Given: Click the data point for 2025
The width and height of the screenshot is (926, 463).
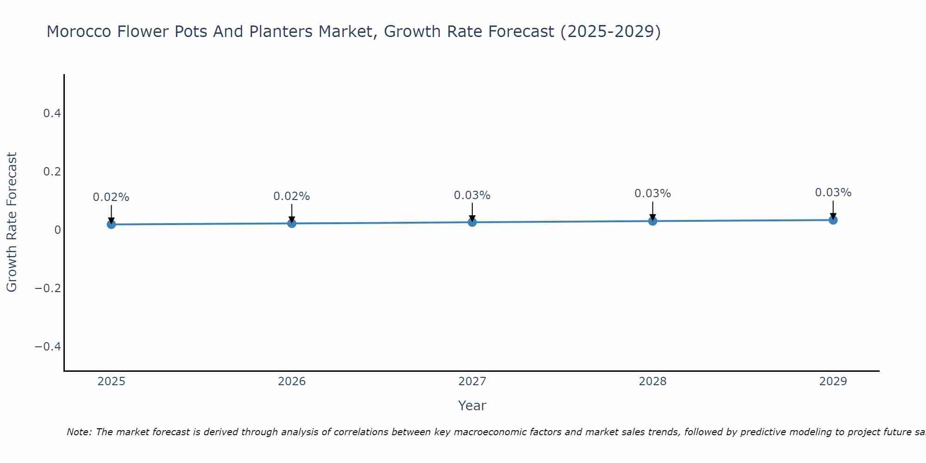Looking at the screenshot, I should pyautogui.click(x=111, y=224).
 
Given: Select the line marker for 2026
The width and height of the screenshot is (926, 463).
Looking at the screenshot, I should pyautogui.click(x=292, y=223).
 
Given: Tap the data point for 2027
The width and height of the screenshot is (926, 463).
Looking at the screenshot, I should pyautogui.click(x=472, y=222).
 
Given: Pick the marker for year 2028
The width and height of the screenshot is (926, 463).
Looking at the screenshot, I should pyautogui.click(x=653, y=221).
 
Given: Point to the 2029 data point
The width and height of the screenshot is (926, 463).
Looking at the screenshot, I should pyautogui.click(x=833, y=220).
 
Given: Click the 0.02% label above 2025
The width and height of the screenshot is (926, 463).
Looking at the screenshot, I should pyautogui.click(x=111, y=197).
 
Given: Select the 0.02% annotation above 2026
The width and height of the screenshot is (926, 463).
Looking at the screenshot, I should pyautogui.click(x=292, y=196).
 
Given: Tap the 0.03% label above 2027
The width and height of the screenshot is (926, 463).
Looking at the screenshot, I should pyautogui.click(x=472, y=195).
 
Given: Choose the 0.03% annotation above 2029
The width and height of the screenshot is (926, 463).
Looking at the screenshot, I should pyautogui.click(x=833, y=193).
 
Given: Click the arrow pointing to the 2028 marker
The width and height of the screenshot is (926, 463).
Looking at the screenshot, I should pyautogui.click(x=653, y=211).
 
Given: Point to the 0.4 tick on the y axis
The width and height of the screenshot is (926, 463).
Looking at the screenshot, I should pyautogui.click(x=52, y=113).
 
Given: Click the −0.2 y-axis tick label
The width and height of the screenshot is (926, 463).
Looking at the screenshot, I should pyautogui.click(x=48, y=288).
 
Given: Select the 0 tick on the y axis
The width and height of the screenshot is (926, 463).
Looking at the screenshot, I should pyautogui.click(x=57, y=230).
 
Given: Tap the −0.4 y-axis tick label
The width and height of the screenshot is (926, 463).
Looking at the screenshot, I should pyautogui.click(x=48, y=346).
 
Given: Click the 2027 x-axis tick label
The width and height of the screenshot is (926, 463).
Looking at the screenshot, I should pyautogui.click(x=472, y=382).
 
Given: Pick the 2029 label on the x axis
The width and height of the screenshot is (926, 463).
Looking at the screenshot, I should pyautogui.click(x=833, y=382).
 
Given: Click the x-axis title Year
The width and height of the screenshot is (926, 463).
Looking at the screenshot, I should pyautogui.click(x=472, y=406).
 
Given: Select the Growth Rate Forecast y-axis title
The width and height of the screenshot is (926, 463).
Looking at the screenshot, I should pyautogui.click(x=12, y=222).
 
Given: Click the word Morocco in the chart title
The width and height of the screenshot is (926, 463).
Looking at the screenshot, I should pyautogui.click(x=79, y=31).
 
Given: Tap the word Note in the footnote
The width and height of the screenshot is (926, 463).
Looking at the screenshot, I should pyautogui.click(x=79, y=432).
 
